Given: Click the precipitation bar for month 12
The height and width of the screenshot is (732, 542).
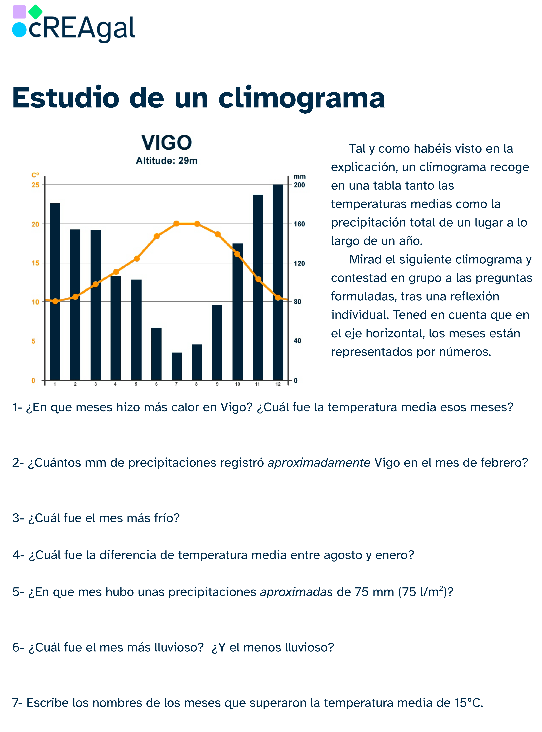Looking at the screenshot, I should pyautogui.click(x=278, y=282).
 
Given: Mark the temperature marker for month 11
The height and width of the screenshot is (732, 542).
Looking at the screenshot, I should pyautogui.click(x=258, y=279).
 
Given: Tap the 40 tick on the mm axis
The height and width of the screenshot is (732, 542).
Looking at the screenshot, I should pyautogui.click(x=297, y=341).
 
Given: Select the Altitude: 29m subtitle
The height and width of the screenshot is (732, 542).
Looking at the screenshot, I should pyautogui.click(x=167, y=161).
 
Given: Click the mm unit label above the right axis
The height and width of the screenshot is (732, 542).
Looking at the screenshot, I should pyautogui.click(x=300, y=177).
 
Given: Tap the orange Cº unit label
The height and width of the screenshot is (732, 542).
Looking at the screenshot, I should pyautogui.click(x=35, y=175).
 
